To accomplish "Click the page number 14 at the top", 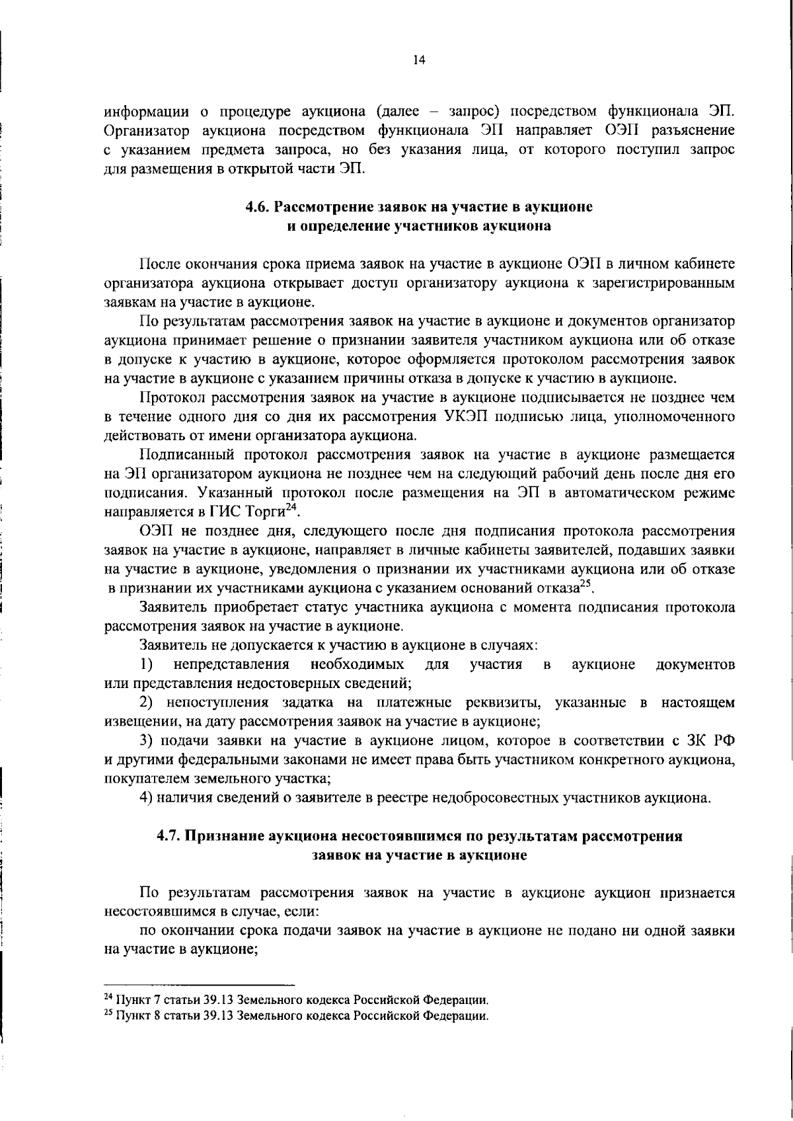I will (x=418, y=60).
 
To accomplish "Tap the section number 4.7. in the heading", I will (x=170, y=835).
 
